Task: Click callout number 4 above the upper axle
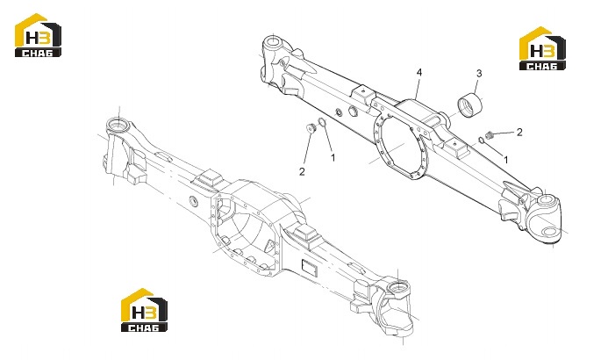(x=419, y=72)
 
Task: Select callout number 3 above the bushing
(x=479, y=73)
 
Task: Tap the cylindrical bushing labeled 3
(x=470, y=104)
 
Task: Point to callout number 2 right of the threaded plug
(x=519, y=132)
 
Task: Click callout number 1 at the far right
(x=505, y=159)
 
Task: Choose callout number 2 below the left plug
(x=302, y=171)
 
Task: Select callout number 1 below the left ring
(x=333, y=157)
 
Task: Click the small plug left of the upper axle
(x=311, y=127)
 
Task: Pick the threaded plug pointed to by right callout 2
(x=490, y=135)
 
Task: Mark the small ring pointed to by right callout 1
(x=481, y=140)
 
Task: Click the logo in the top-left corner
(x=38, y=35)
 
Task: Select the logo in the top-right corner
(x=542, y=48)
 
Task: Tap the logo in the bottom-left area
(x=144, y=310)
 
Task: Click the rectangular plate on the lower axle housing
(x=310, y=268)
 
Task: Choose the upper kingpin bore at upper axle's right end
(x=547, y=200)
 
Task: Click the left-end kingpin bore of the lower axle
(x=118, y=125)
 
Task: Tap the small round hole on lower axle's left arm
(x=193, y=200)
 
